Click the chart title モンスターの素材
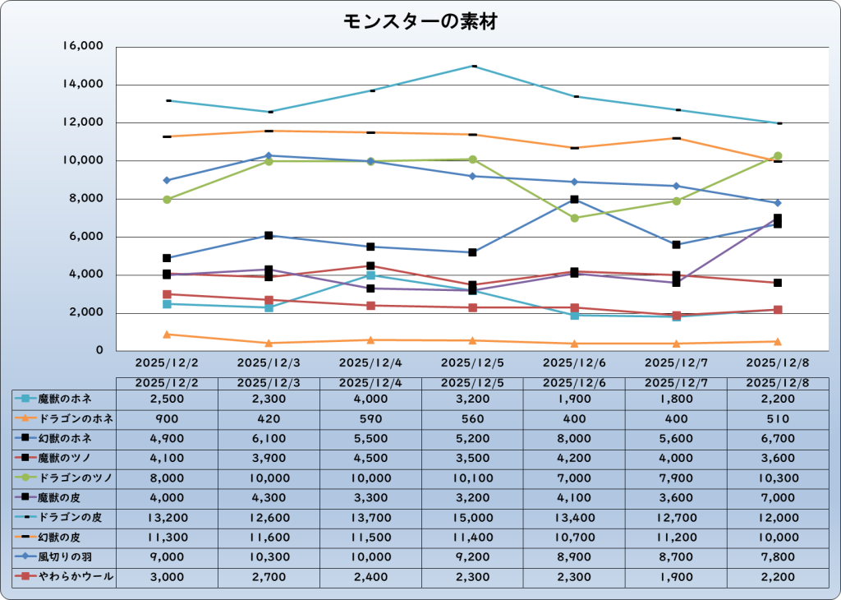click(x=420, y=22)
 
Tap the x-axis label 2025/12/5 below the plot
click(x=473, y=362)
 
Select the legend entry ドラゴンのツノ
click(x=65, y=478)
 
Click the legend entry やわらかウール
click(x=65, y=577)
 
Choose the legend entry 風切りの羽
click(x=65, y=557)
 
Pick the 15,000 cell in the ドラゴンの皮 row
click(x=473, y=518)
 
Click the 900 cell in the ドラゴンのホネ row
click(x=167, y=418)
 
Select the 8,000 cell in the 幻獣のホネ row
click(x=575, y=438)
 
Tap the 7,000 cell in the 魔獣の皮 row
click(x=779, y=498)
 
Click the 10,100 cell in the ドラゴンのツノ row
click(x=473, y=478)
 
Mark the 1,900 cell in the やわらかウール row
click(x=677, y=577)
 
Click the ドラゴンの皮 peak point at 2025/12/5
click(x=473, y=66)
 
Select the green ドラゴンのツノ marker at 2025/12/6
click(x=575, y=218)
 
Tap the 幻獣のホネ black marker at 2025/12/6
click(x=575, y=199)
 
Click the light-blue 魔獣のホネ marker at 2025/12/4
click(x=371, y=275)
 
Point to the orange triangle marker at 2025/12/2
click(x=167, y=335)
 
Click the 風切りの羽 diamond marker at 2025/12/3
click(x=269, y=155)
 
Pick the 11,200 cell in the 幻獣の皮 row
click(x=677, y=538)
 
